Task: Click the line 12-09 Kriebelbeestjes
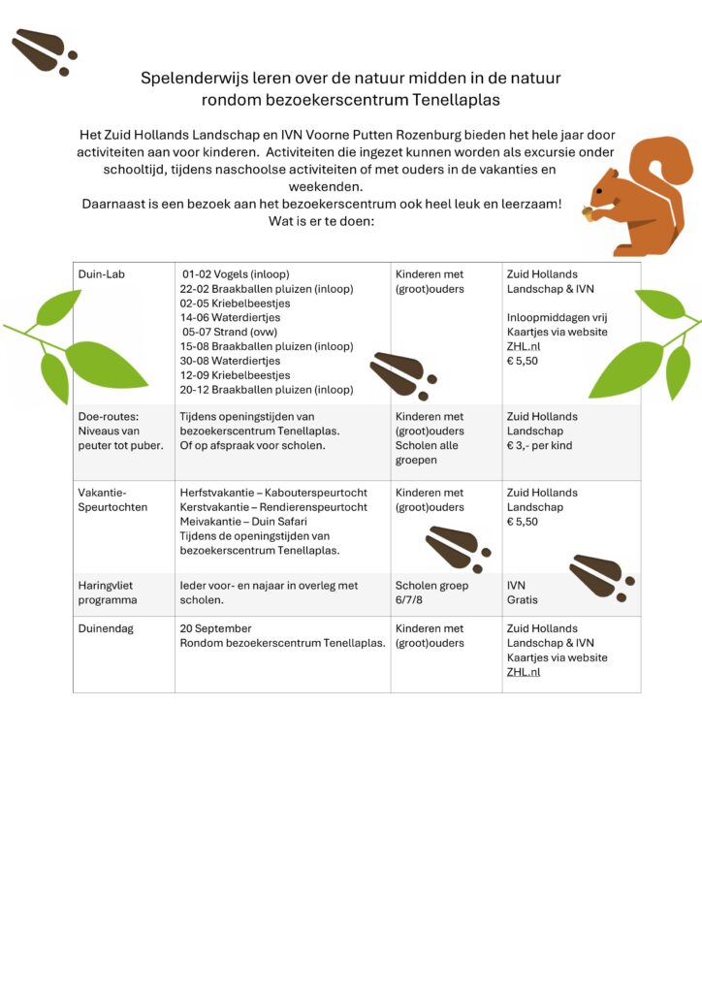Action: click(236, 375)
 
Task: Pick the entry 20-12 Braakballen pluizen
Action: click(267, 390)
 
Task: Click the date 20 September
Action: click(215, 628)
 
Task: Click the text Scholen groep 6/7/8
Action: click(431, 593)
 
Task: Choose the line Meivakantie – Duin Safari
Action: click(243, 522)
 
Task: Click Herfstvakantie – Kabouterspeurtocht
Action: click(273, 493)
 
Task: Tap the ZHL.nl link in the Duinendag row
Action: click(524, 672)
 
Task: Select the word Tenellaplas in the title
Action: click(455, 99)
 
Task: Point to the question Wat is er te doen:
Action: click(321, 220)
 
